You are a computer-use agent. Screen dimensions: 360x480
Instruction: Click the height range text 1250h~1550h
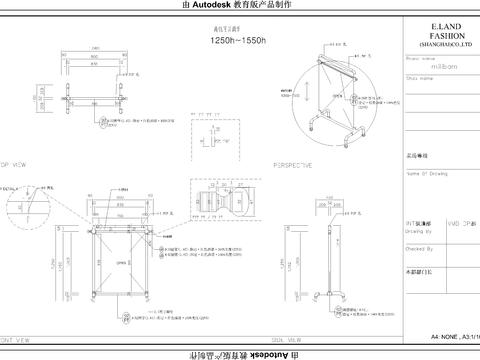tap(237, 43)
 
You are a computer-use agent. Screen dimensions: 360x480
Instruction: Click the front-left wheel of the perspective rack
tap(312, 126)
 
